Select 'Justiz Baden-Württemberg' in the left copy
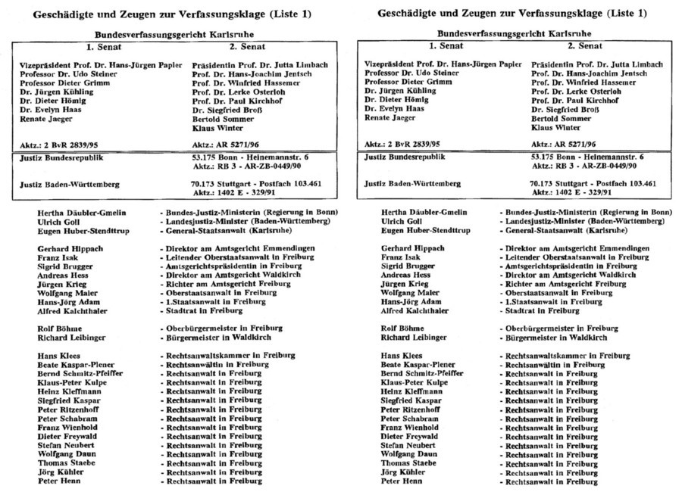point(70,184)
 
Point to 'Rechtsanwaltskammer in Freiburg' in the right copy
point(559,355)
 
